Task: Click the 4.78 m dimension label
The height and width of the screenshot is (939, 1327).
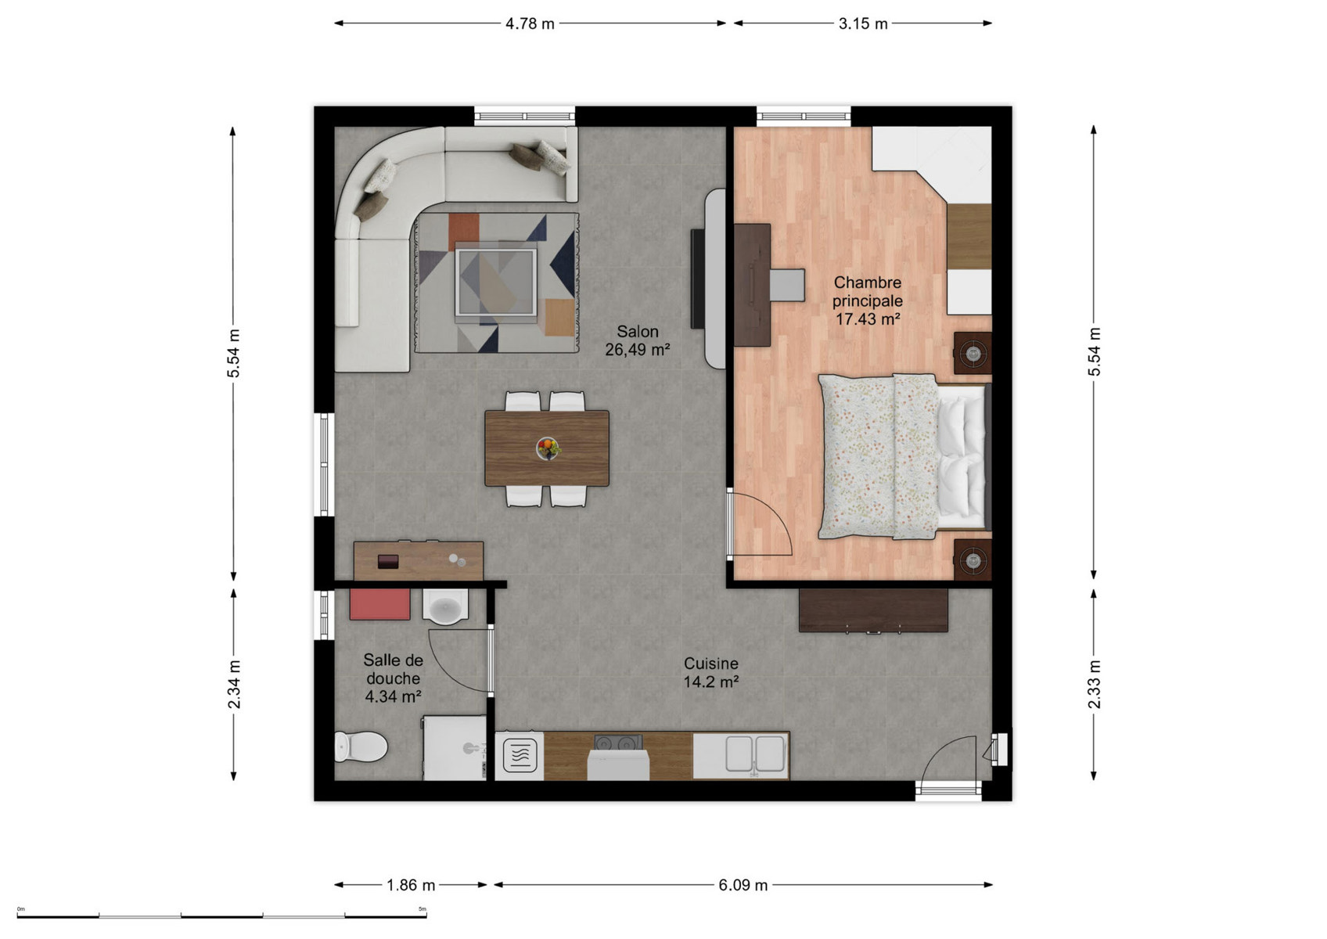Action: (530, 23)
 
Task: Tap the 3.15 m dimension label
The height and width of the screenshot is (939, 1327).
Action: (862, 23)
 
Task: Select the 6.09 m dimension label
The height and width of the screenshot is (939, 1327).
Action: (743, 885)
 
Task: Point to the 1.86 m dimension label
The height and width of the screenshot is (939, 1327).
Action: (411, 885)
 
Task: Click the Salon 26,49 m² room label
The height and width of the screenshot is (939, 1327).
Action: (638, 340)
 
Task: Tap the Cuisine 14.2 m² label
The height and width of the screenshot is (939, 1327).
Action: (711, 672)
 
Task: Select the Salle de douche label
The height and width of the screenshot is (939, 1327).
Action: (393, 669)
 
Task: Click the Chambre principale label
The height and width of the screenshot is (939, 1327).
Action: (867, 291)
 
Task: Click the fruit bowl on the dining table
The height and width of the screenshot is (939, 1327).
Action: (548, 448)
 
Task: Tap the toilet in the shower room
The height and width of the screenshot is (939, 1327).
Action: (361, 747)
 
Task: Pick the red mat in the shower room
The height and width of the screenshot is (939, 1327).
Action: (379, 604)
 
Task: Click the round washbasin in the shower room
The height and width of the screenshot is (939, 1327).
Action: (445, 606)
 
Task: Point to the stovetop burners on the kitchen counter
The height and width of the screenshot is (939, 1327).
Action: (618, 743)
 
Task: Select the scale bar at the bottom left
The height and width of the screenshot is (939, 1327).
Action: (221, 916)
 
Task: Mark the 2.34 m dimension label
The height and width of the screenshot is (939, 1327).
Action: (234, 684)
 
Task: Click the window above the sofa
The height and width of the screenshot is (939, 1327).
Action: (525, 116)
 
